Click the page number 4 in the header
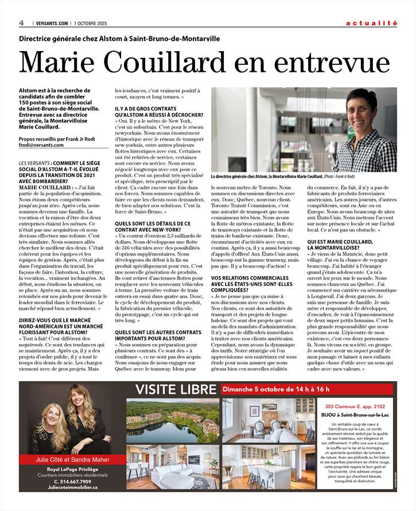click(21, 23)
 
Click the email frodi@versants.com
click(38, 145)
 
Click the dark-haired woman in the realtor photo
click(87, 413)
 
